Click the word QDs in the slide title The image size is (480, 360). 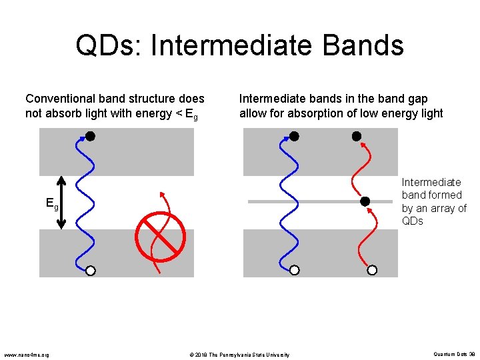coord(109,46)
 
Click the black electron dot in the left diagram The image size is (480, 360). coord(90,136)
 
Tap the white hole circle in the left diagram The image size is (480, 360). coord(90,270)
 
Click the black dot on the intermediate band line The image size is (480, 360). coord(365,201)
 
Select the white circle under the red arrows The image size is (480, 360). coord(372,270)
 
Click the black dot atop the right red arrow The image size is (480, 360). coord(357,136)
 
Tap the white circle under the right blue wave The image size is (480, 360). coord(294,270)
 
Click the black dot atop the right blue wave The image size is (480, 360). coord(294,136)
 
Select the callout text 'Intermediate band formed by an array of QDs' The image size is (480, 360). coord(433,201)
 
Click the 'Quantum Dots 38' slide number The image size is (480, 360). coord(453,354)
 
